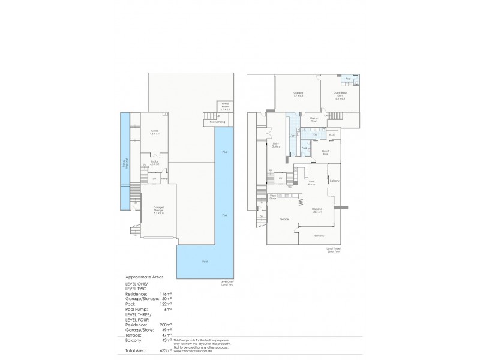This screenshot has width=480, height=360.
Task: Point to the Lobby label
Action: tap(155, 163)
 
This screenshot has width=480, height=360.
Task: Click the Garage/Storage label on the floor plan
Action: tap(158, 207)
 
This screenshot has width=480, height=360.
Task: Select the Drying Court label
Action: tap(313, 120)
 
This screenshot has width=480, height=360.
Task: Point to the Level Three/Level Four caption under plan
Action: tap(334, 250)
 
